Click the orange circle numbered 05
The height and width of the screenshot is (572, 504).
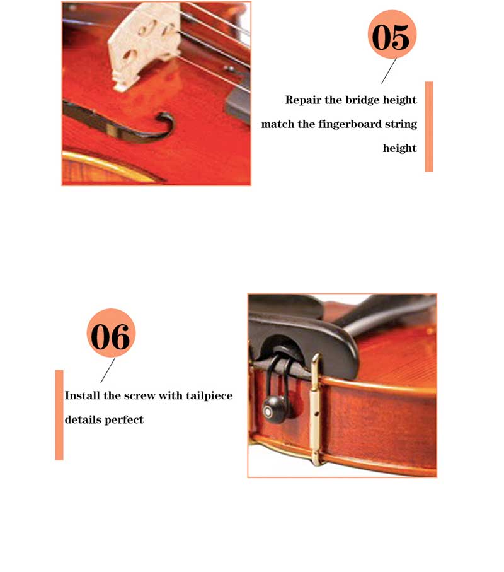tap(392, 34)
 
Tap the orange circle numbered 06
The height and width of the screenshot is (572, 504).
tap(111, 333)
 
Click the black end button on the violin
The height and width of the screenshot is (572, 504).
tap(273, 409)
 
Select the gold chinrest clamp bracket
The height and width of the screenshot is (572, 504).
tap(316, 409)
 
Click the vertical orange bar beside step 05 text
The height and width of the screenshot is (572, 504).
tap(429, 127)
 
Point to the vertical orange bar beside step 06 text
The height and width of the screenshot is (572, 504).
tap(59, 415)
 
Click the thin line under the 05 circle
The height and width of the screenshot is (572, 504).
tap(389, 71)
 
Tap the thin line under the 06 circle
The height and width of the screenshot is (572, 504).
tap(108, 370)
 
